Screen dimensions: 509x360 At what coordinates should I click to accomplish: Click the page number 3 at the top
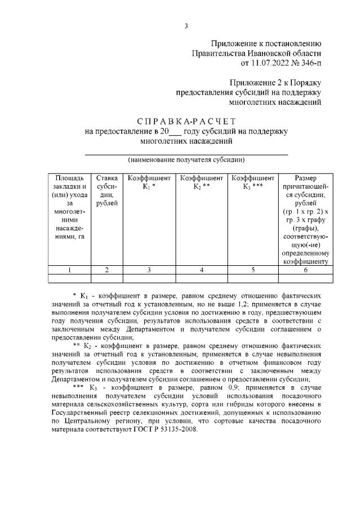point(185,26)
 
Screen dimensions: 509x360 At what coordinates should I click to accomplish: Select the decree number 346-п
point(308,63)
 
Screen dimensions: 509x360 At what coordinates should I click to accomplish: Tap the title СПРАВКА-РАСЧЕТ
point(186,122)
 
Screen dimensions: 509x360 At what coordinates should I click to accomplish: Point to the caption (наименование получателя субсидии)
point(186,160)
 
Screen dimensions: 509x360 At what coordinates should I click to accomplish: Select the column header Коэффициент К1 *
point(149,182)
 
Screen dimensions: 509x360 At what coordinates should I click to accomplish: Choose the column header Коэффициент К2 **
point(201,182)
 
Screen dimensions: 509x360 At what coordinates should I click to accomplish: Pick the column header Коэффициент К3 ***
point(253,182)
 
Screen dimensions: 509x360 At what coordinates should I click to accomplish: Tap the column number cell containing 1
point(69,270)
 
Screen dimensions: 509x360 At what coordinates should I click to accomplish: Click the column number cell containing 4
point(201,270)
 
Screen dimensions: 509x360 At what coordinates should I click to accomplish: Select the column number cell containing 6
point(305,270)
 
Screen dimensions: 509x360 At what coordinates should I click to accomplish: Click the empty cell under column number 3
point(149,278)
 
